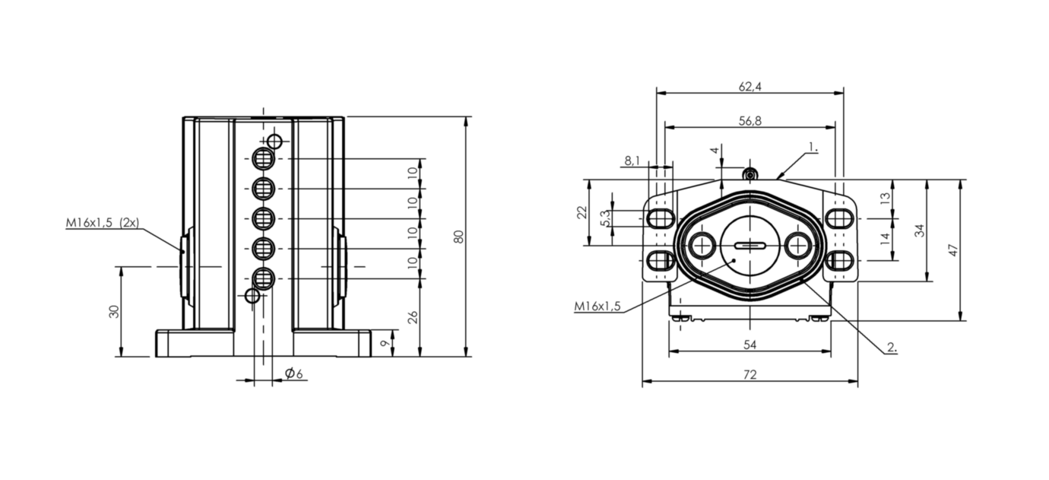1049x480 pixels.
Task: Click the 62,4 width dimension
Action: (750, 87)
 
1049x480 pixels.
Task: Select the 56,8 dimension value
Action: (750, 121)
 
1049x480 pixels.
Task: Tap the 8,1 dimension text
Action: (632, 161)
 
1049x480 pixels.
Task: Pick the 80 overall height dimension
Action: (458, 237)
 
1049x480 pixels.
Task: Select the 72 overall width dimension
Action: (750, 375)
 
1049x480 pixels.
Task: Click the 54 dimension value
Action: (750, 345)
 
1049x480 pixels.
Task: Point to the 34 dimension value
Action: (921, 230)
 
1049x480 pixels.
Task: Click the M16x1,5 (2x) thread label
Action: (102, 223)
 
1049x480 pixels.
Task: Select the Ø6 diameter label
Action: (294, 374)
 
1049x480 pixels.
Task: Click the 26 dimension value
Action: (413, 316)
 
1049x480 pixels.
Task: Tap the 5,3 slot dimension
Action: (605, 219)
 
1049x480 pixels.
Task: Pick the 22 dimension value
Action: (582, 213)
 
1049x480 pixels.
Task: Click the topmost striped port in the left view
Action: (264, 159)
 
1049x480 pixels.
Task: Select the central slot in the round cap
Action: (750, 245)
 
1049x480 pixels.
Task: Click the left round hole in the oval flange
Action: (700, 245)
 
